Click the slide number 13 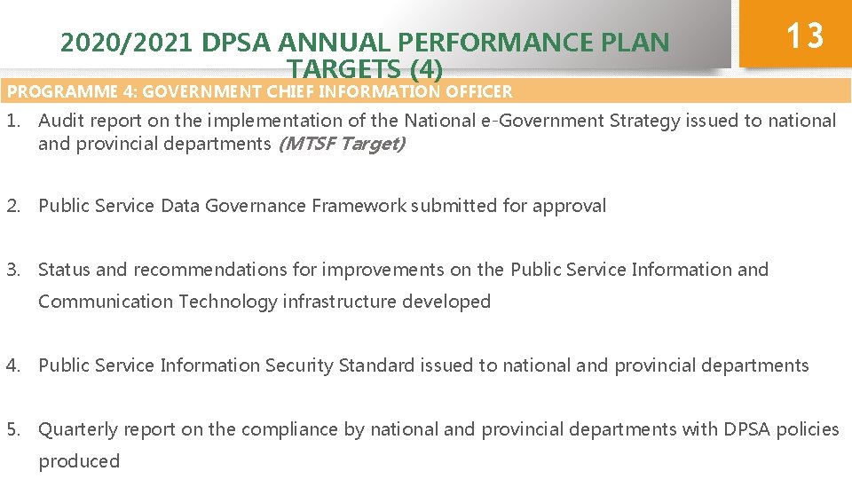(x=805, y=36)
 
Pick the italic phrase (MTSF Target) (x=342, y=144)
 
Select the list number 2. (x=13, y=206)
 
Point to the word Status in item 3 (x=64, y=270)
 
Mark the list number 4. (x=13, y=365)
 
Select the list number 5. (x=13, y=429)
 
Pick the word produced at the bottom (x=79, y=461)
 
